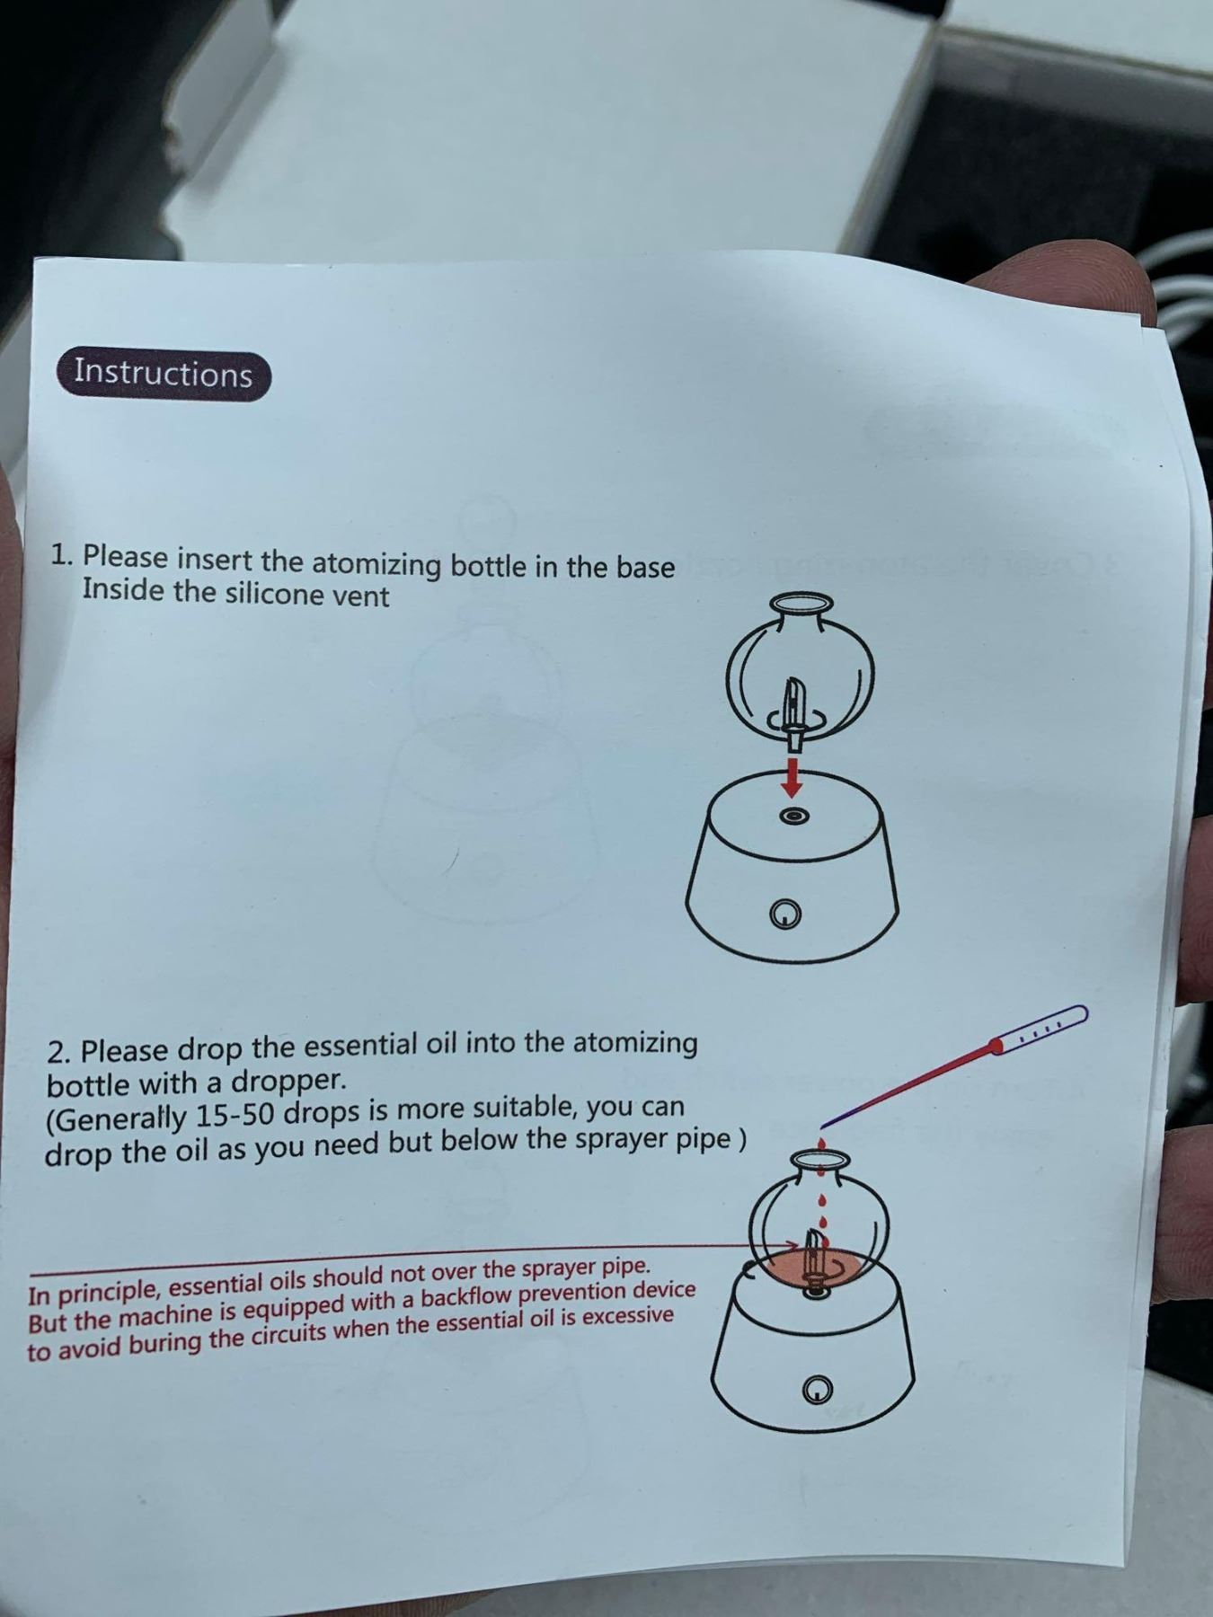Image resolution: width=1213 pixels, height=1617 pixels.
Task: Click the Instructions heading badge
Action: coord(163,375)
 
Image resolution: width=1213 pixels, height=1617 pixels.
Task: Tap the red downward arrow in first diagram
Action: coord(791,776)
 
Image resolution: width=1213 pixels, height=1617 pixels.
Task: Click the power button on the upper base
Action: coord(788,915)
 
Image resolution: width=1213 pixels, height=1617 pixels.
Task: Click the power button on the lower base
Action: coord(814,1389)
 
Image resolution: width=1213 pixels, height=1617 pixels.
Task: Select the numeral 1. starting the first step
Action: coord(63,555)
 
